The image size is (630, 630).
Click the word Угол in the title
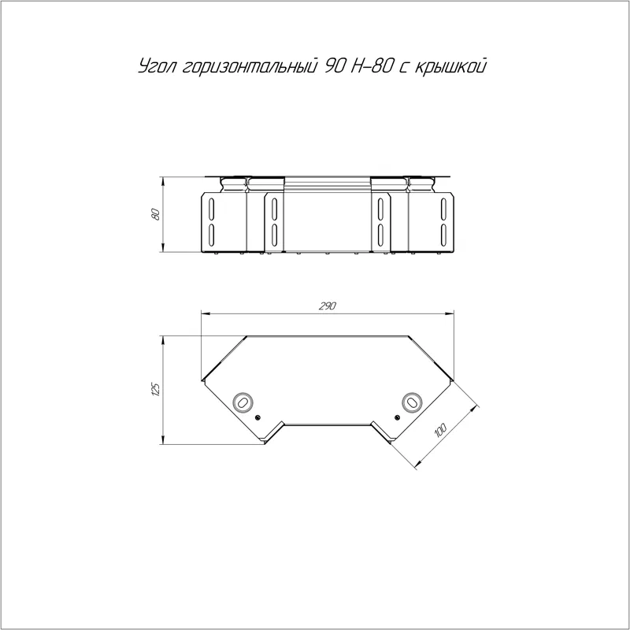tap(157, 67)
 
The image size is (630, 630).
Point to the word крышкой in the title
tap(450, 67)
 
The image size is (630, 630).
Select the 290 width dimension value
tap(328, 306)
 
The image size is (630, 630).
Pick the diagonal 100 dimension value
tap(440, 430)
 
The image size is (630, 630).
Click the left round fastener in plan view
tap(243, 402)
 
